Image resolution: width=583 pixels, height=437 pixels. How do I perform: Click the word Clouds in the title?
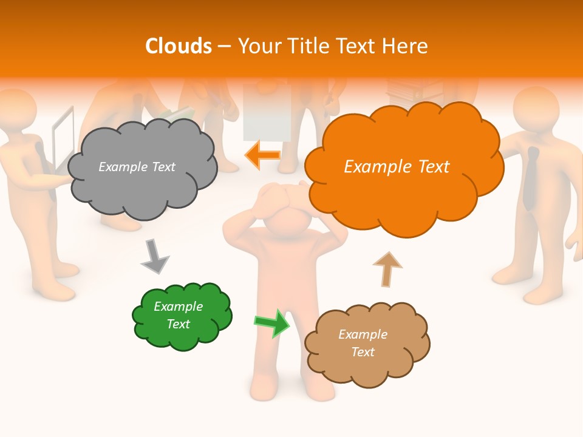pyautogui.click(x=179, y=46)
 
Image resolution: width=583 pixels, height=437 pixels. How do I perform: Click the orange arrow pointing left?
pyautogui.click(x=262, y=155)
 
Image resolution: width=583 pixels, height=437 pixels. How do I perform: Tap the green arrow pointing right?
pyautogui.click(x=272, y=323)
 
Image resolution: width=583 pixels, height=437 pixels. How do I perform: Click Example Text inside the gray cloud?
pyautogui.click(x=137, y=167)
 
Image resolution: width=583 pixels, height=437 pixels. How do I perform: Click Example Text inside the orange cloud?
pyautogui.click(x=397, y=167)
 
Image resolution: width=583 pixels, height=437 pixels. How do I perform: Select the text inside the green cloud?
pyautogui.click(x=179, y=315)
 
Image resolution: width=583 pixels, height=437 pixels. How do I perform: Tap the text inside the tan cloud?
pyautogui.click(x=363, y=343)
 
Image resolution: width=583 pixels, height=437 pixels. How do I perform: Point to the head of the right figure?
pyautogui.click(x=536, y=109)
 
